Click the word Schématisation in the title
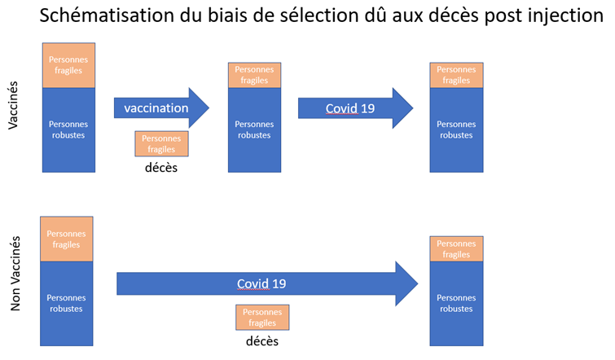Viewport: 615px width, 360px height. tap(107, 15)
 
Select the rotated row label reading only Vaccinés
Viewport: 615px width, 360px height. tap(13, 105)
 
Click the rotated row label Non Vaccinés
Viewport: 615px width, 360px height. tap(15, 274)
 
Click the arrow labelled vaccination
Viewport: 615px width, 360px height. tap(161, 108)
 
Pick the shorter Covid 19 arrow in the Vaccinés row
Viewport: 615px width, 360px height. tap(355, 108)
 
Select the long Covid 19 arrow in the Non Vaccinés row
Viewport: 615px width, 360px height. tap(267, 283)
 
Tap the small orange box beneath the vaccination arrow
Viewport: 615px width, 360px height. tap(161, 144)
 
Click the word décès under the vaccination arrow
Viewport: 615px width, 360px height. tap(161, 168)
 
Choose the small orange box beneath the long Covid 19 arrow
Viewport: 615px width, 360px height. tap(262, 318)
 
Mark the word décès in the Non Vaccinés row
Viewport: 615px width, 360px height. tap(262, 341)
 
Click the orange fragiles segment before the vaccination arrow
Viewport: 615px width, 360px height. tap(68, 65)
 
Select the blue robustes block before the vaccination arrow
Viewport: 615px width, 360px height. tap(68, 130)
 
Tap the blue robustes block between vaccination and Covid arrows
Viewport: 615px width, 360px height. tap(254, 130)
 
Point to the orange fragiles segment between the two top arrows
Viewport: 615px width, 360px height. tap(254, 75)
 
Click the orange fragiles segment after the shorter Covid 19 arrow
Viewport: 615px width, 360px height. tap(456, 75)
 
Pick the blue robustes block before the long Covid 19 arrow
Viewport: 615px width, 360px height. tap(67, 304)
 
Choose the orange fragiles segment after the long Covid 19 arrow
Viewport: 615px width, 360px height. tap(456, 248)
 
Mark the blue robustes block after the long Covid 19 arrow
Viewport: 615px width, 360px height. tap(456, 304)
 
